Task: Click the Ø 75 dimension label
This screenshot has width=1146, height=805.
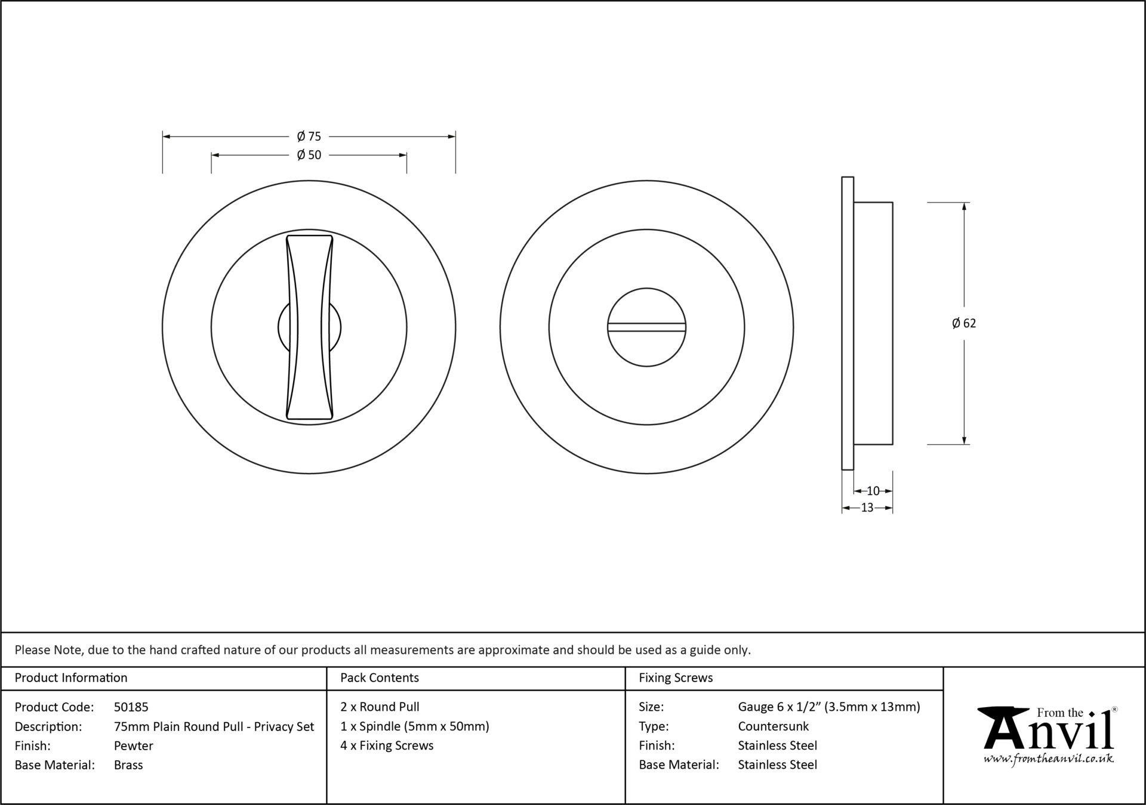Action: click(x=309, y=137)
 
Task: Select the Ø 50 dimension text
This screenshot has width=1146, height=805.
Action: click(x=309, y=155)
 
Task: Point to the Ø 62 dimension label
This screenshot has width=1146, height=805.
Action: click(x=964, y=323)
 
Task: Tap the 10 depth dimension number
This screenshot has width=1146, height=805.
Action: click(x=873, y=491)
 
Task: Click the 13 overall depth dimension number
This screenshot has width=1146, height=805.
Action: click(x=867, y=507)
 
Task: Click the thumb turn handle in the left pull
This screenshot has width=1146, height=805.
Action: click(x=309, y=327)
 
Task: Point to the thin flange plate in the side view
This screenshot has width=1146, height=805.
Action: click(x=848, y=323)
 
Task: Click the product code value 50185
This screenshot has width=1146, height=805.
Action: click(x=131, y=707)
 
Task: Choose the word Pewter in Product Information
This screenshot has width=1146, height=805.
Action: click(x=134, y=745)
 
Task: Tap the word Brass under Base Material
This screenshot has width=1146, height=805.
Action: click(x=128, y=765)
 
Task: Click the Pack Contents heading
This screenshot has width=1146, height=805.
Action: click(x=380, y=678)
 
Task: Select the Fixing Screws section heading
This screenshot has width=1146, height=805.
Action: click(x=676, y=678)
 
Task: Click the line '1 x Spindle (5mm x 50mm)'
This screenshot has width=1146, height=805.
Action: click(x=415, y=726)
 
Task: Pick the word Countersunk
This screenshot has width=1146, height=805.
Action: click(x=774, y=726)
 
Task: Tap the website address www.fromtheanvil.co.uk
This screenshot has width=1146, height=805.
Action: click(x=1049, y=759)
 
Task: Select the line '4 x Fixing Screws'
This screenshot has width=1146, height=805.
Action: click(x=387, y=745)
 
